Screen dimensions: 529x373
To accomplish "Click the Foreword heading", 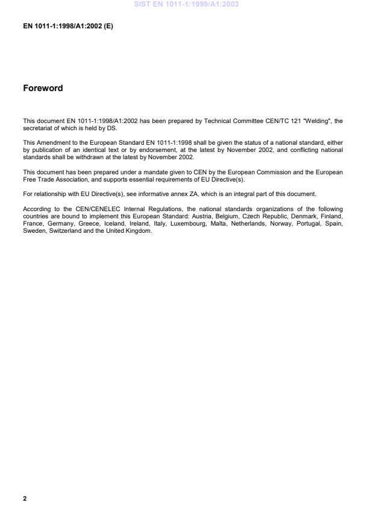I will click(43, 88).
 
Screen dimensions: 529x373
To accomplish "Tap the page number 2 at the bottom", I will click(25, 499).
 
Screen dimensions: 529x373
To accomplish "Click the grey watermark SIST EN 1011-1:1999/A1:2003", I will click(186, 4).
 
